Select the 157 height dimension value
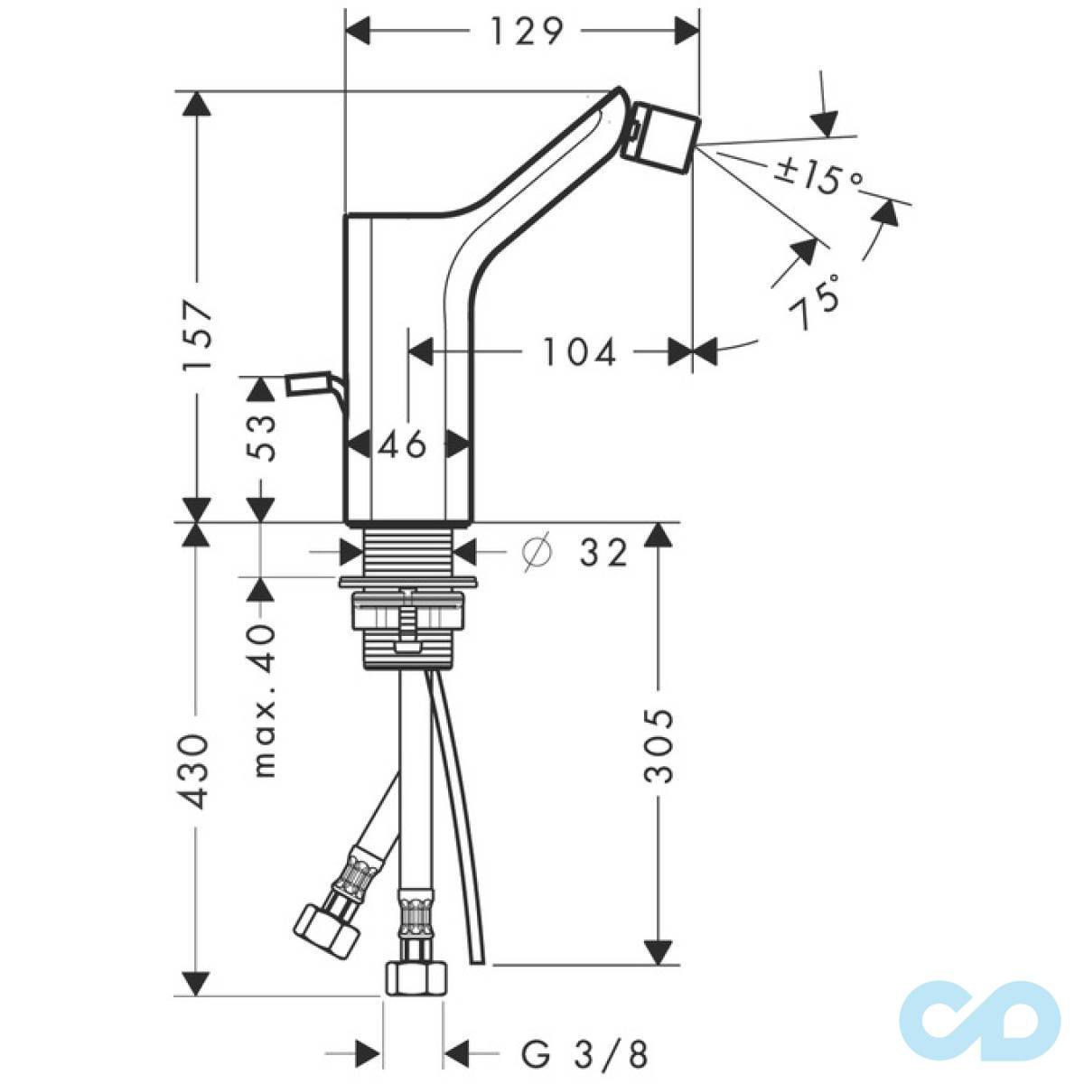click(198, 335)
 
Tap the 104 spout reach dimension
click(579, 353)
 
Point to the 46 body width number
click(402, 446)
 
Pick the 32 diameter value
click(603, 553)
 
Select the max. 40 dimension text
click(263, 700)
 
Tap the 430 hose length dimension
click(195, 771)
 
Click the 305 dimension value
click(659, 746)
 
